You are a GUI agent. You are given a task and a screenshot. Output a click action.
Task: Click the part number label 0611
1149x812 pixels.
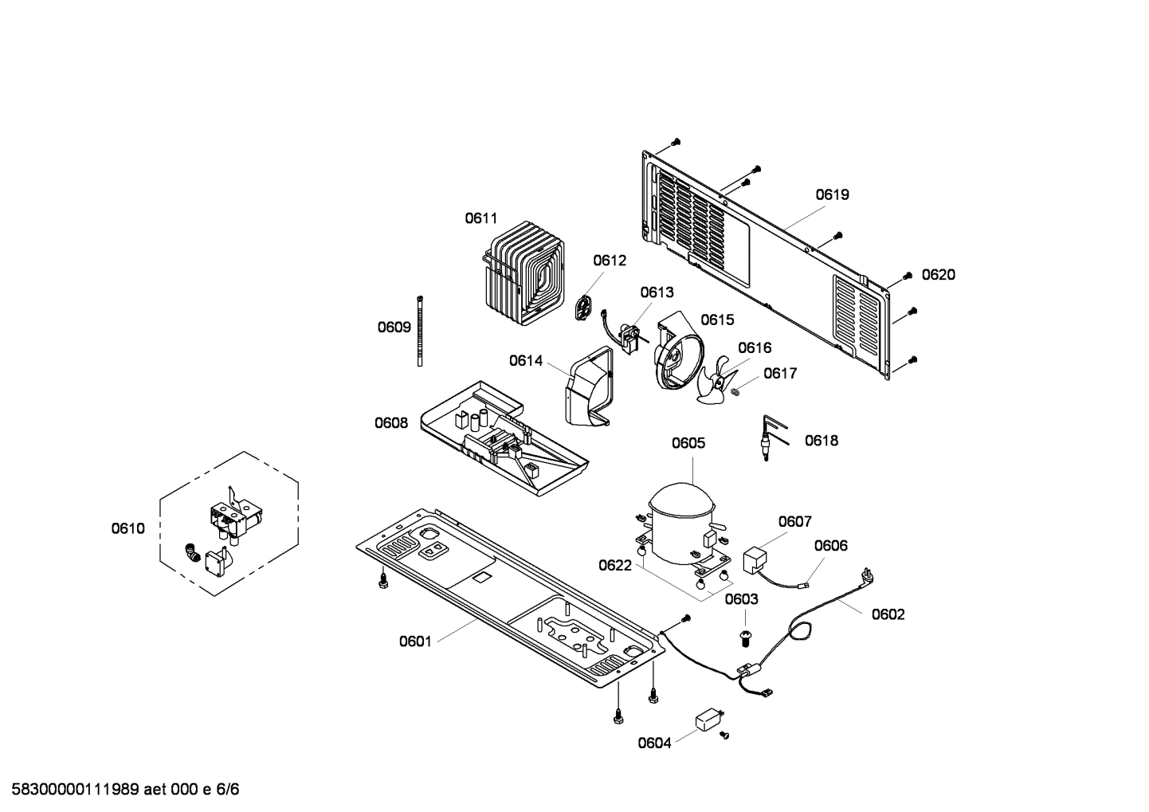coord(481,218)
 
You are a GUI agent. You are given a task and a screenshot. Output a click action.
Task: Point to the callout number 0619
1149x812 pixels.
coord(832,194)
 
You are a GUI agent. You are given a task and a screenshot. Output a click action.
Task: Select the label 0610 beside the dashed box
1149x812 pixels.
coord(128,528)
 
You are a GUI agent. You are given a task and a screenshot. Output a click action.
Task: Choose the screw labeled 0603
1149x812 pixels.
coord(746,635)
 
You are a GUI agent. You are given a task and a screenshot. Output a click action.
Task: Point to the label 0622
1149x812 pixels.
coord(615,566)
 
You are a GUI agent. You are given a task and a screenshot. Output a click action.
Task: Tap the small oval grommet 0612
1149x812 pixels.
coord(586,308)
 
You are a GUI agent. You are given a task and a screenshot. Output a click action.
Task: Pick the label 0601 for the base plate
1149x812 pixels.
coord(415,641)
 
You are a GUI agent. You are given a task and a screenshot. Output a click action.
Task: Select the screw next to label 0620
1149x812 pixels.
coord(907,276)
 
